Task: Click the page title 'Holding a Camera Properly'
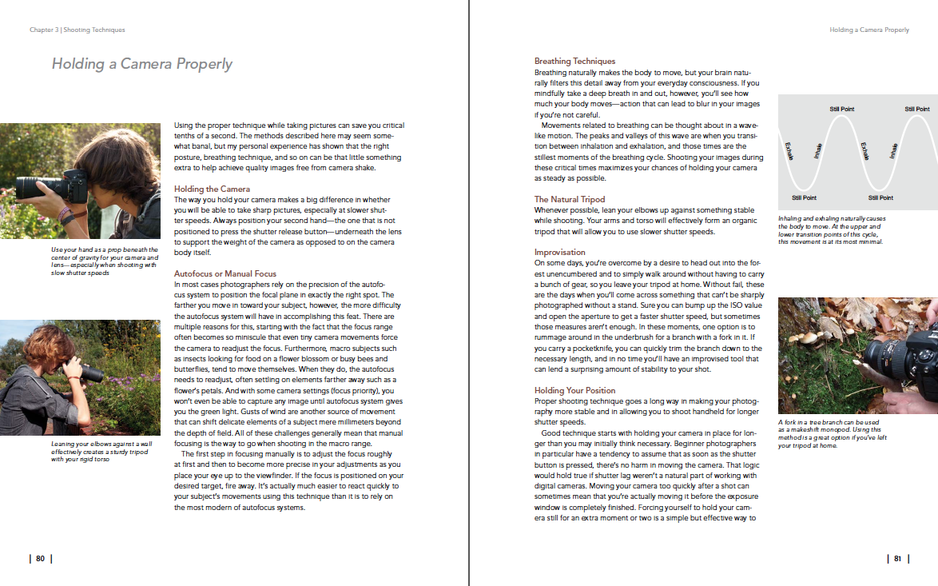tap(142, 64)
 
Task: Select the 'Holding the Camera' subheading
tap(213, 189)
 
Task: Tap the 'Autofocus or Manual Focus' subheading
tap(225, 274)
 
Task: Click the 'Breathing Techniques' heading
tap(574, 61)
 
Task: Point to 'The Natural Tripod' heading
tap(570, 199)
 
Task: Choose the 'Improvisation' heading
tap(560, 253)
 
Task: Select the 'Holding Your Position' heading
tap(574, 390)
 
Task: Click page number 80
tap(41, 559)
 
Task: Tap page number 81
tap(897, 559)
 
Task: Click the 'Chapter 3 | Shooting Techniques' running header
tap(78, 30)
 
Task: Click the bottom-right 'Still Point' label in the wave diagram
tap(880, 197)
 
